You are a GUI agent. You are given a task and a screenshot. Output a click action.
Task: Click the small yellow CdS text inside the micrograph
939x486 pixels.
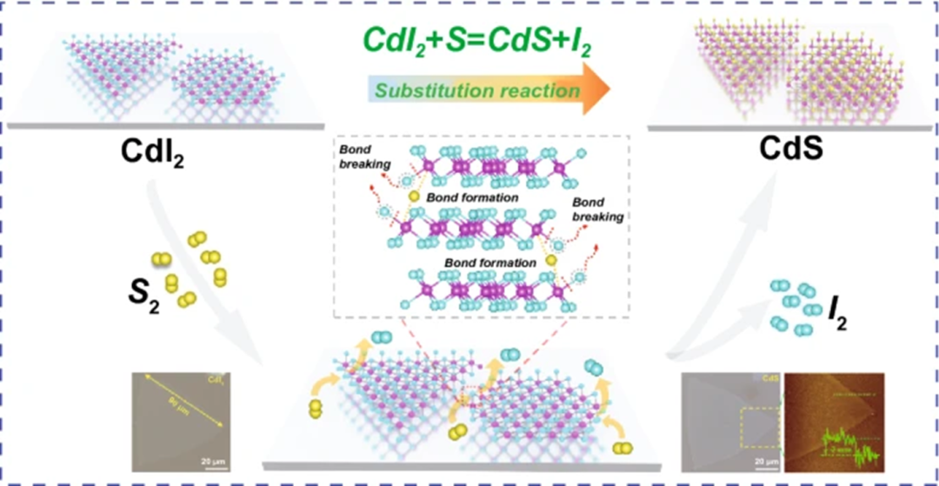(x=770, y=380)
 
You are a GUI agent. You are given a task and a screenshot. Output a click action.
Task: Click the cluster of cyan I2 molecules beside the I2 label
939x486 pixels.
(x=797, y=305)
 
